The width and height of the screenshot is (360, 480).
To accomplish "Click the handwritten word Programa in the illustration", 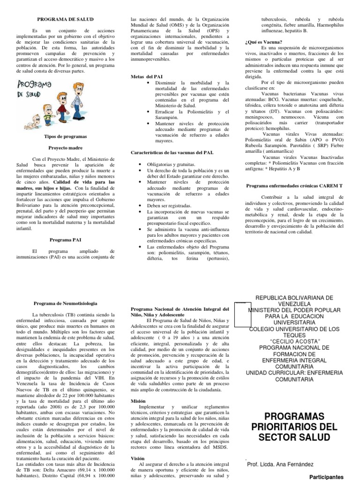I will [36, 87].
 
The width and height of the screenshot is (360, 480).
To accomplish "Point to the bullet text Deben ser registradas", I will [169, 205].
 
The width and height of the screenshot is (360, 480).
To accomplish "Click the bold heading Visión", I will [138, 458].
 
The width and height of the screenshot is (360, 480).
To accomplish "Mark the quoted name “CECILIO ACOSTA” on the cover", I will [295, 340].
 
